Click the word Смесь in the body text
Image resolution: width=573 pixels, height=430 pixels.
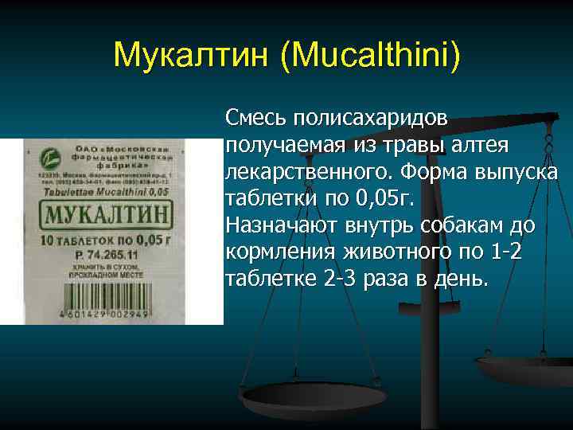256,118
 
